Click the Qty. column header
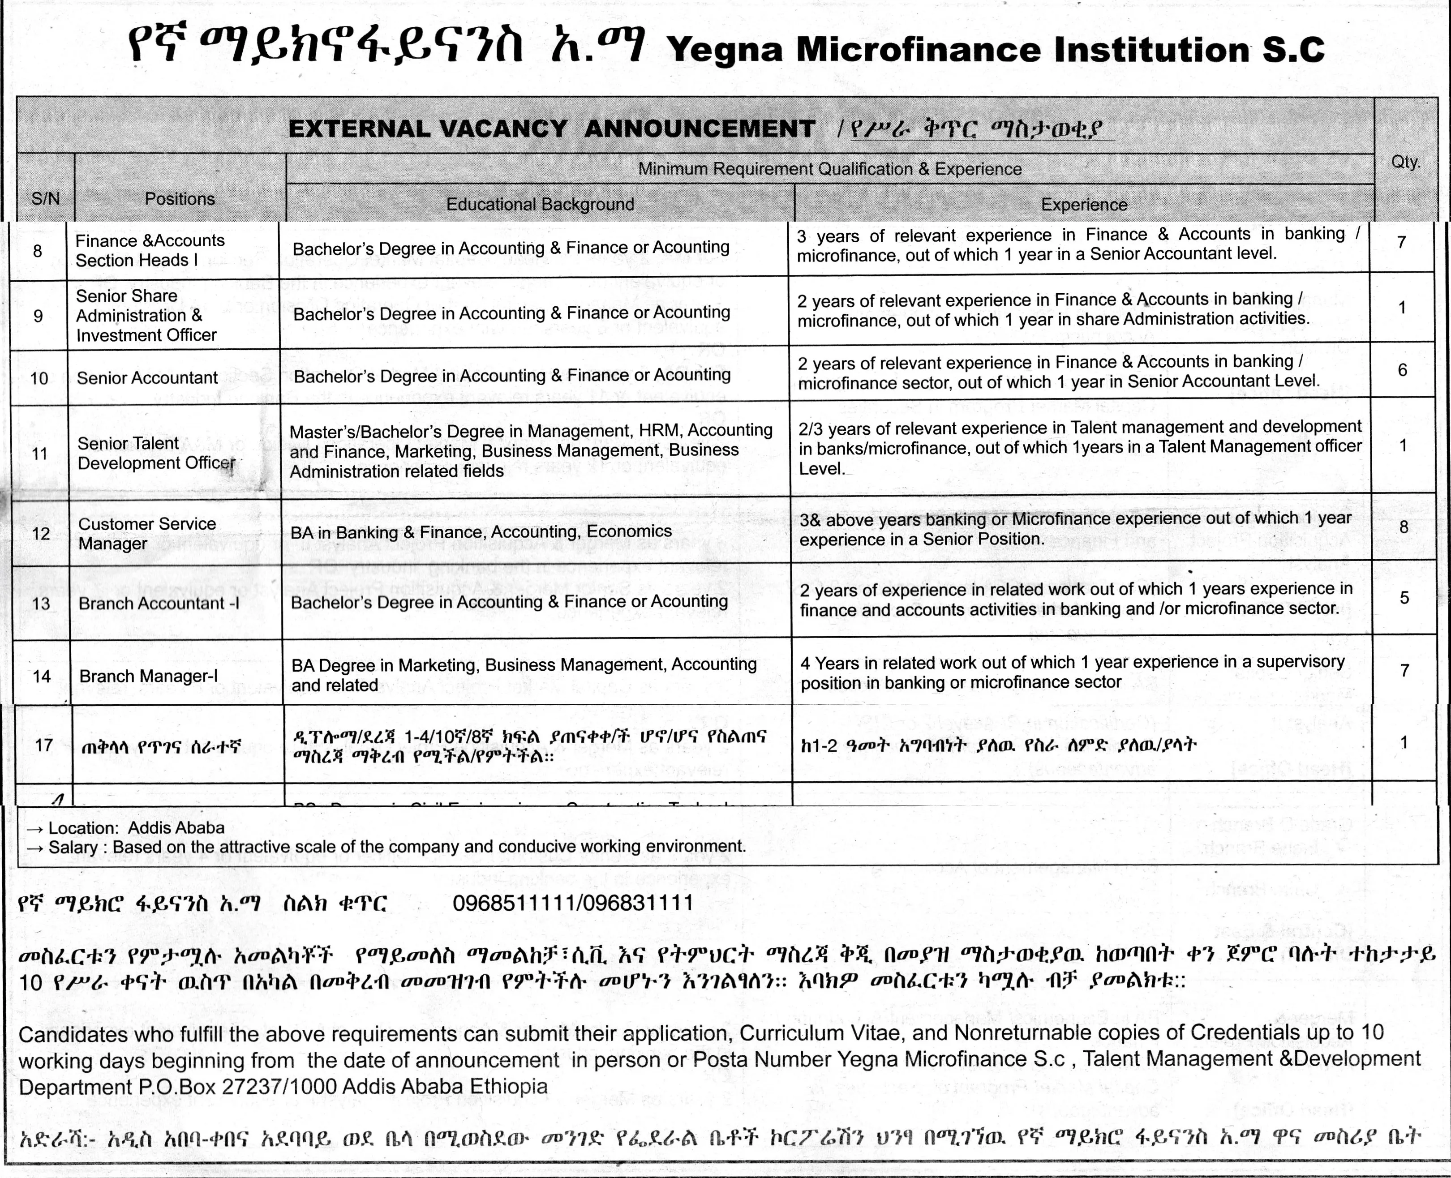[1405, 162]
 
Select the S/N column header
[46, 199]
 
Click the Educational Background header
[540, 204]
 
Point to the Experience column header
[1084, 204]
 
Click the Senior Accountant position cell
[147, 378]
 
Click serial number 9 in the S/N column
[38, 316]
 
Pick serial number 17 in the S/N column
[44, 745]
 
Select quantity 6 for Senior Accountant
[1402, 370]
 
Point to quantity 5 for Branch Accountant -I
[1404, 598]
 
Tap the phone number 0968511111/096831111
[573, 903]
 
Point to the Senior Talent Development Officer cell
[156, 453]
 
